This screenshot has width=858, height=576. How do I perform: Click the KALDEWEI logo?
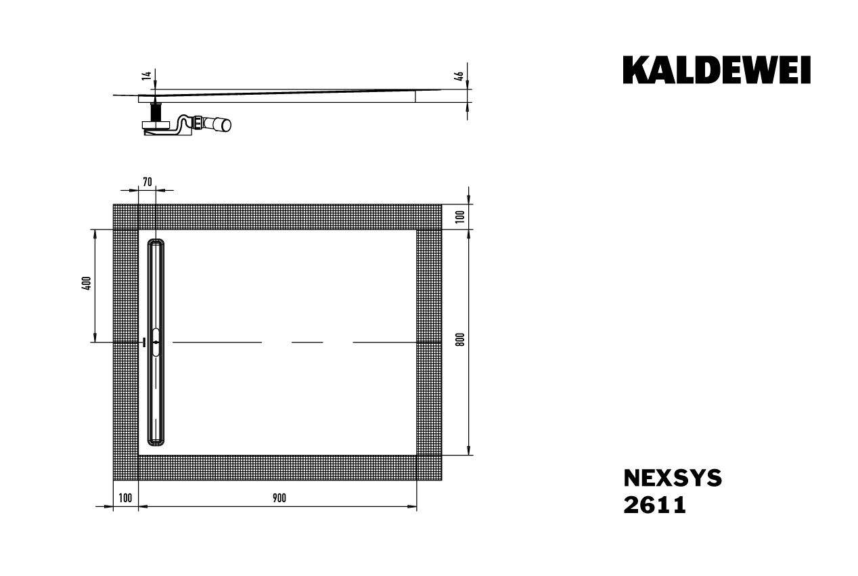[x=717, y=70]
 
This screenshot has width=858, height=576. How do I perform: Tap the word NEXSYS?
[x=672, y=479]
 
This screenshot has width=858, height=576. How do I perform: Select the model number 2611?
[x=654, y=506]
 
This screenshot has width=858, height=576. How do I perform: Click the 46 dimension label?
[x=459, y=76]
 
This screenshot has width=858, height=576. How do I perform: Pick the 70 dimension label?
[x=148, y=181]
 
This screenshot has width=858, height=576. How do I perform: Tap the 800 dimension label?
[x=460, y=340]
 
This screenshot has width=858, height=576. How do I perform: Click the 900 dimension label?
[x=279, y=498]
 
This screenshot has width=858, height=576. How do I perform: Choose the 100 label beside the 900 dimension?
[x=125, y=498]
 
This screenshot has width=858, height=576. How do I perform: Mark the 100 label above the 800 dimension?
[x=460, y=217]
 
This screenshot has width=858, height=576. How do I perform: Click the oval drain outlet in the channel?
[x=156, y=342]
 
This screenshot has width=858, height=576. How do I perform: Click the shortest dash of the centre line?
[x=307, y=342]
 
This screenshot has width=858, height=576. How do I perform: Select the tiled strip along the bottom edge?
[x=277, y=468]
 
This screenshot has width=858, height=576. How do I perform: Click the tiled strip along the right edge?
[x=429, y=342]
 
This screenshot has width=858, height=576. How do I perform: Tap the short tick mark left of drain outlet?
[x=143, y=342]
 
